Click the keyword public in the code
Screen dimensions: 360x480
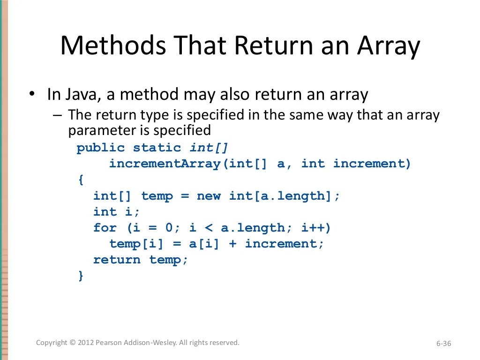pos(101,148)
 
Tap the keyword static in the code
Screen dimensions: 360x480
pos(157,148)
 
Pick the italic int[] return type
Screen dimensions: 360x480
pos(209,148)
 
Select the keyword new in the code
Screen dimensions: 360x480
pos(209,196)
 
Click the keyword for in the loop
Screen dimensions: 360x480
pos(105,228)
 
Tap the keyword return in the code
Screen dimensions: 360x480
pos(117,260)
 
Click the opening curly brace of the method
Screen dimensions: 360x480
pos(81,180)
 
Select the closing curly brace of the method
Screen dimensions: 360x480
pos(81,276)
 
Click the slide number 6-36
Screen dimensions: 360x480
pos(443,344)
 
